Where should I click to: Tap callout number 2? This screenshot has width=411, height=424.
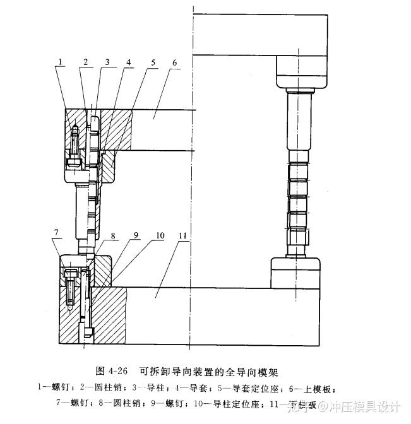(x=84, y=61)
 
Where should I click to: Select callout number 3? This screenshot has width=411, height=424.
(x=107, y=61)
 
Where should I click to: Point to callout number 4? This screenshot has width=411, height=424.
(x=129, y=62)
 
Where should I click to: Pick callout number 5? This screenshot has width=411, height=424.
(x=152, y=62)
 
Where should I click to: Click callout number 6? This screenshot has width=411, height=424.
(x=174, y=62)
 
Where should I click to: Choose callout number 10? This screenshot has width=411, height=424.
(x=160, y=235)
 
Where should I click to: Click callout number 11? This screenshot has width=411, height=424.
(x=183, y=235)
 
